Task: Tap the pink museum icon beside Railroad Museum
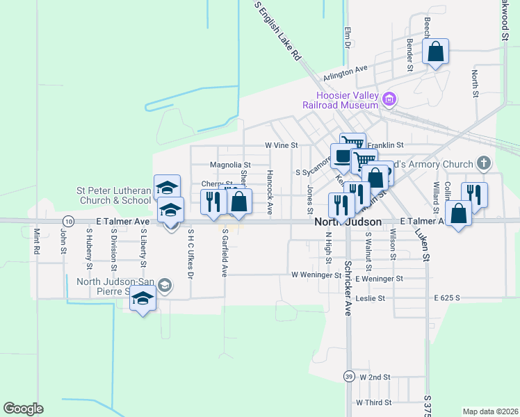coord(389,100)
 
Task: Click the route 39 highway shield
coord(348,376)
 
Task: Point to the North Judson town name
coord(348,222)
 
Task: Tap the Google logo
coord(23,409)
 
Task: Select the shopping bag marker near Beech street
coord(435,52)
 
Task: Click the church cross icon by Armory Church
coord(484,164)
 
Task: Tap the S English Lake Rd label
coord(277,30)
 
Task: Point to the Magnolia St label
coord(230,165)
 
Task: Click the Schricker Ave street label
coord(348,288)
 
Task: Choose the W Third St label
coord(373,402)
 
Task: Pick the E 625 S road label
coord(448,297)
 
